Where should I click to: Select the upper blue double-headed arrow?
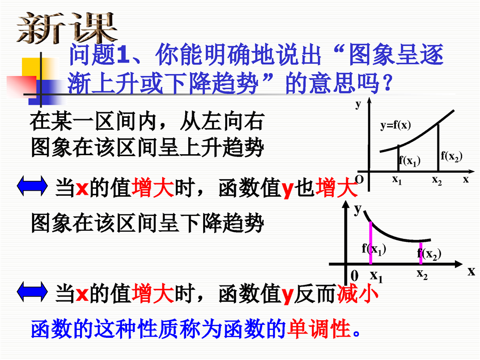tap(32, 186)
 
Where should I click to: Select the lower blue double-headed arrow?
tap(32, 292)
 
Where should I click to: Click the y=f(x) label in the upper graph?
tap(395, 125)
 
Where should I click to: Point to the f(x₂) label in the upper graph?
tap(451, 156)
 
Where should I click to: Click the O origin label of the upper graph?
tap(359, 179)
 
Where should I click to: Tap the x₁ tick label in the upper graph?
tap(397, 180)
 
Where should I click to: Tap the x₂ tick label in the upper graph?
tap(437, 180)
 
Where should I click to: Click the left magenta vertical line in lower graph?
tap(371, 243)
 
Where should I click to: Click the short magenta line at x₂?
tap(421, 253)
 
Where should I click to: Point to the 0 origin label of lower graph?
tap(354, 275)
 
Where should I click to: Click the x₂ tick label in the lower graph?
tap(422, 274)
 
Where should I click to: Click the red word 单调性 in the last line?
tap(320, 328)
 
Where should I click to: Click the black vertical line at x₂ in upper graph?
tap(438, 147)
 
